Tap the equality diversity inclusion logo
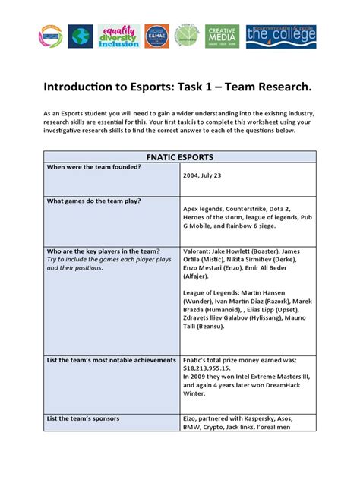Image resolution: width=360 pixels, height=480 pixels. click(119, 36)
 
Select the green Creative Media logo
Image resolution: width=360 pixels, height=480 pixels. click(222, 36)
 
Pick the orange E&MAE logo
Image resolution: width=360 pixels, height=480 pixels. click(157, 36)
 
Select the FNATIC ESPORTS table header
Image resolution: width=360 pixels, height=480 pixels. click(179, 157)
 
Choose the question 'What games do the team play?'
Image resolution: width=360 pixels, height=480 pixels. click(99, 201)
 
